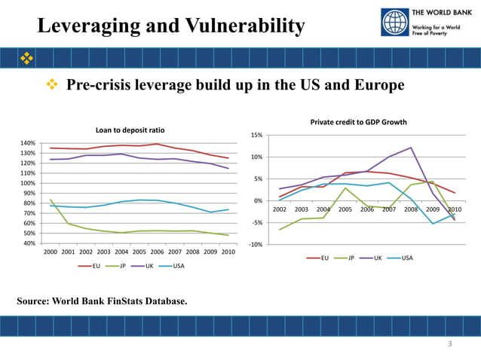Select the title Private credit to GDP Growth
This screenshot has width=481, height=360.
click(x=358, y=121)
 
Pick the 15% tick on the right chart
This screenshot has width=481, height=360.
click(x=256, y=135)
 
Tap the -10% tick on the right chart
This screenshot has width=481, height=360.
click(x=255, y=245)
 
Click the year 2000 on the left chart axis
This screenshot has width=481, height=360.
click(x=51, y=252)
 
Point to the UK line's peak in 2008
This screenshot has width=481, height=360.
click(x=411, y=148)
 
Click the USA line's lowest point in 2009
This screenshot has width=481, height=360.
click(x=433, y=224)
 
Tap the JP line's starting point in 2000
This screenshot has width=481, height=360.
click(x=51, y=200)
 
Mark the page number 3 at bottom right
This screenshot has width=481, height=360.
click(x=449, y=344)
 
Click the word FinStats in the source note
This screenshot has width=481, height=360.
click(x=128, y=301)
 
